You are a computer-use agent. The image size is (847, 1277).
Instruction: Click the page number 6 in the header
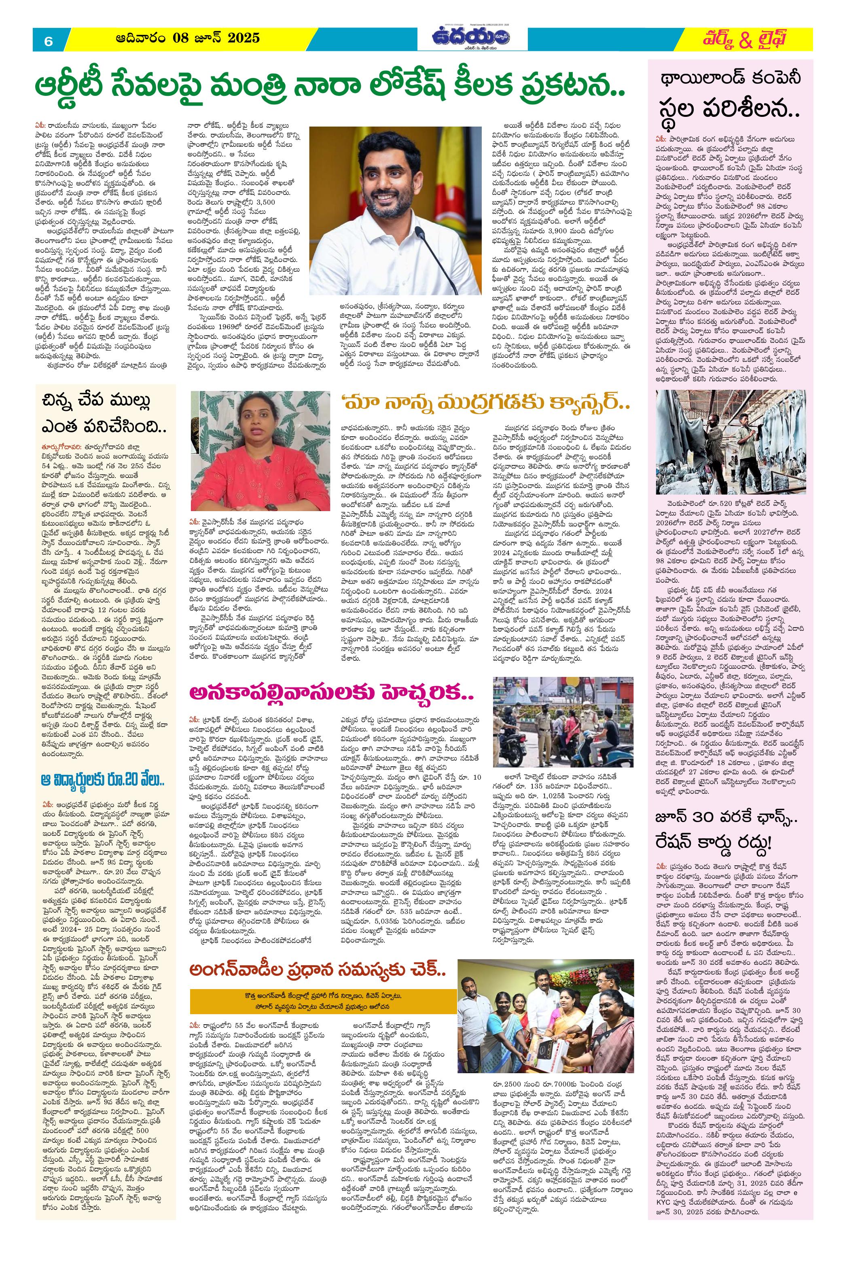(x=49, y=41)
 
